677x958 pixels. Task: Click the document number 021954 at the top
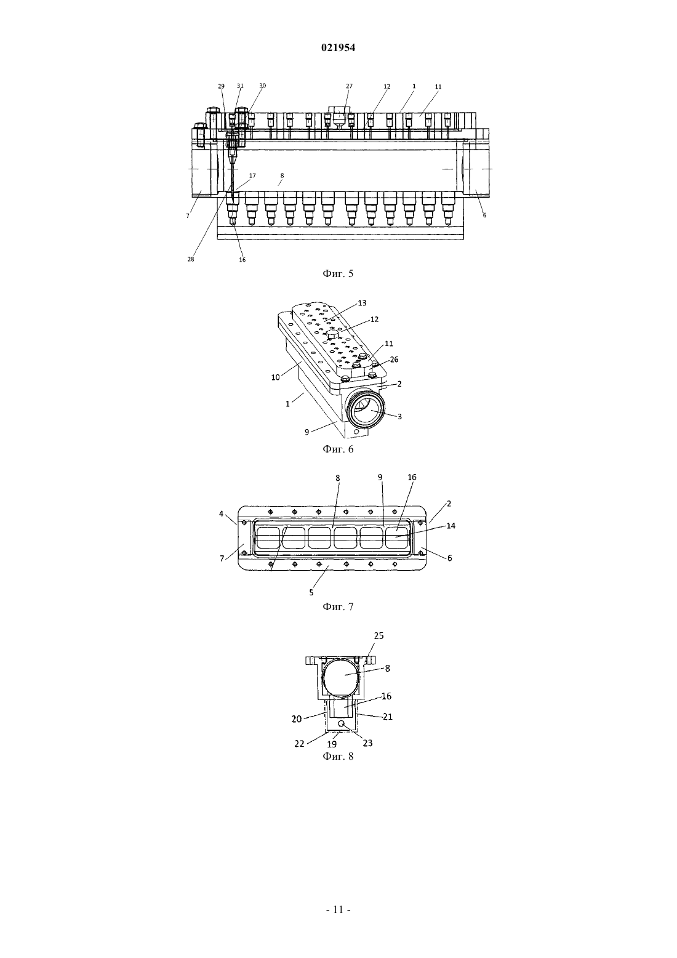click(x=338, y=48)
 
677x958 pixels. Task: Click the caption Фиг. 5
click(x=338, y=274)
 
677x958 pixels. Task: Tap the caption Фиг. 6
click(x=338, y=449)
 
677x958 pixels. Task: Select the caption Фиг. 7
click(x=338, y=606)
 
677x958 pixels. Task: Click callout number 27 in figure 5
click(x=349, y=86)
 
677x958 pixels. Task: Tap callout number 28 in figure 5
click(x=191, y=259)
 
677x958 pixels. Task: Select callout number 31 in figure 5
click(x=240, y=86)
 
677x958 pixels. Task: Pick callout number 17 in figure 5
click(x=252, y=175)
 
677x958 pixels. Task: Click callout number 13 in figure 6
click(x=362, y=303)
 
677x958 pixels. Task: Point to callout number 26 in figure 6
click(x=394, y=360)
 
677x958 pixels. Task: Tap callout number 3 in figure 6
click(x=399, y=417)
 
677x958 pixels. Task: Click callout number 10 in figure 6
click(x=275, y=377)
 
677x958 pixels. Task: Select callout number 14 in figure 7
click(x=451, y=526)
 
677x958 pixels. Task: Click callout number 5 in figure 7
click(x=311, y=592)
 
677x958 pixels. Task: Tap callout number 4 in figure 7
click(x=222, y=513)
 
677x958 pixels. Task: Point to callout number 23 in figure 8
click(x=367, y=743)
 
